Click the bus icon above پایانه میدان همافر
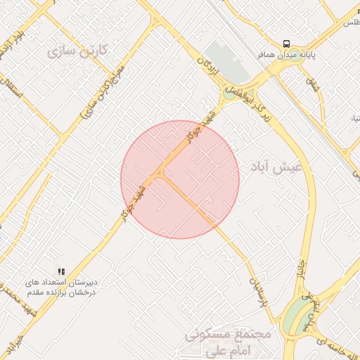(286, 42)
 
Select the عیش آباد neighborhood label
(276, 167)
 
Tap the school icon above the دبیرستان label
(62, 271)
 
